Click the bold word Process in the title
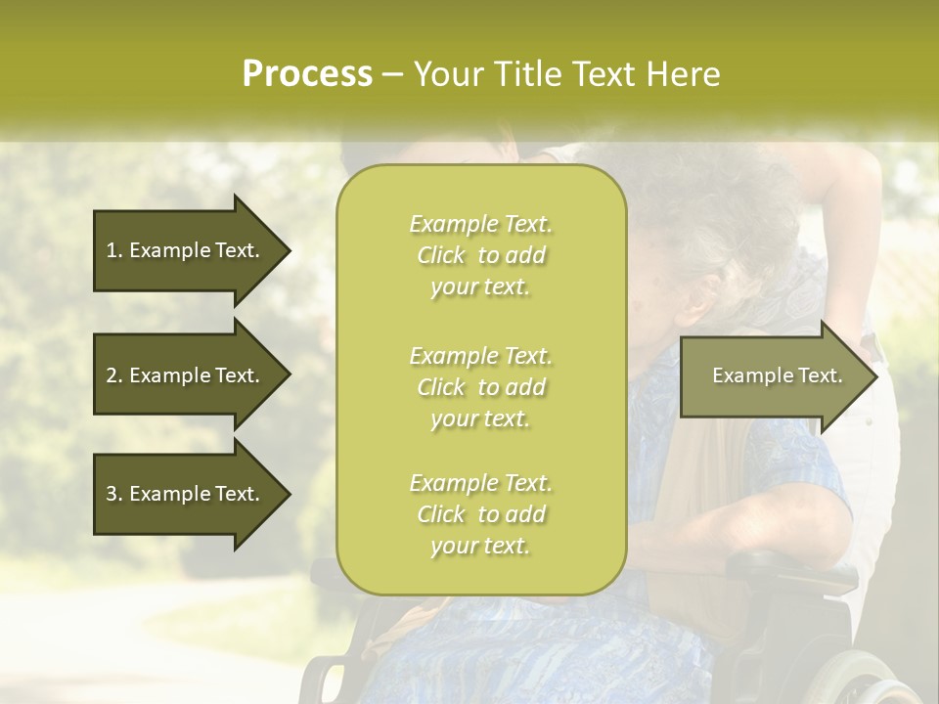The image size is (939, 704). (306, 73)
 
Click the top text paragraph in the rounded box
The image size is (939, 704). (480, 255)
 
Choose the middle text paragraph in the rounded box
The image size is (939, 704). (480, 387)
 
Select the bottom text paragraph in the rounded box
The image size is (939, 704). (480, 514)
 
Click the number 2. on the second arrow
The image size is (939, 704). (114, 375)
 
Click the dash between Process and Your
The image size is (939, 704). (392, 74)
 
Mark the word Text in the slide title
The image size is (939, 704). (604, 73)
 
